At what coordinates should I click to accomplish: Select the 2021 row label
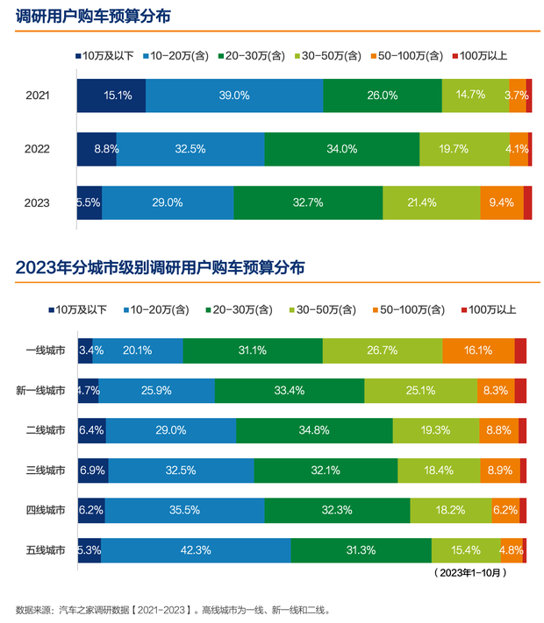click(39, 96)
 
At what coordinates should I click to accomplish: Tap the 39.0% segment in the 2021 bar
click(234, 96)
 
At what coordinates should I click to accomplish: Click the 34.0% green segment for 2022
click(341, 149)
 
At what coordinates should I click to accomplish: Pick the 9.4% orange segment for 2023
click(501, 202)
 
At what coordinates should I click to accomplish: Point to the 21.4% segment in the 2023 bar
click(431, 202)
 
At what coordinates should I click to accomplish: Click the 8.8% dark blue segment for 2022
click(97, 149)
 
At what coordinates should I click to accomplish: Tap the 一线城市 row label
click(45, 350)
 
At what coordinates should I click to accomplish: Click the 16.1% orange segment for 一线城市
click(478, 350)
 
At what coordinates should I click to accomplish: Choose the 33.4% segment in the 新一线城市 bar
click(290, 391)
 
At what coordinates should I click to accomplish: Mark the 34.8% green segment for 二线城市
click(314, 430)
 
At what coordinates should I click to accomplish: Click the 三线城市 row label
click(45, 471)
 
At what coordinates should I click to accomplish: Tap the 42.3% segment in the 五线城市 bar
click(196, 550)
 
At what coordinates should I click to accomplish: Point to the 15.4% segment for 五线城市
click(465, 550)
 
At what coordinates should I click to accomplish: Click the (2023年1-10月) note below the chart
click(469, 573)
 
